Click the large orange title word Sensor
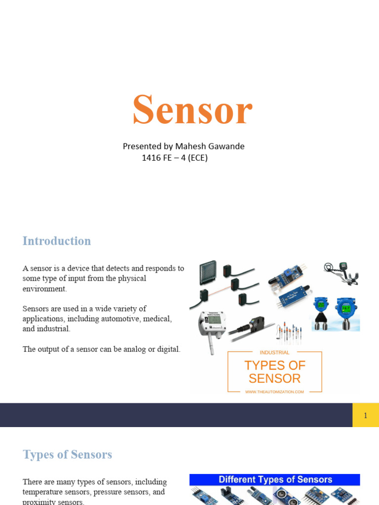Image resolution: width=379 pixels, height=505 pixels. (192, 109)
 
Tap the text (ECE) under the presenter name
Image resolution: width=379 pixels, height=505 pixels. (195, 158)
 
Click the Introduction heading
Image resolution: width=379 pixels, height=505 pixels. (57, 241)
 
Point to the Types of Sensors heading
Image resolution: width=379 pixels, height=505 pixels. (67, 455)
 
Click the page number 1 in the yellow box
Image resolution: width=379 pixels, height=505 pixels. (365, 415)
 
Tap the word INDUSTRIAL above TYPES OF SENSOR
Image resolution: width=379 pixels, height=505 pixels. (274, 353)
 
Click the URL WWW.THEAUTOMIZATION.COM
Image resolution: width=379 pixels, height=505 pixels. (274, 392)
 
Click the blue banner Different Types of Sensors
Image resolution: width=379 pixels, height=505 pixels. (275, 479)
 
